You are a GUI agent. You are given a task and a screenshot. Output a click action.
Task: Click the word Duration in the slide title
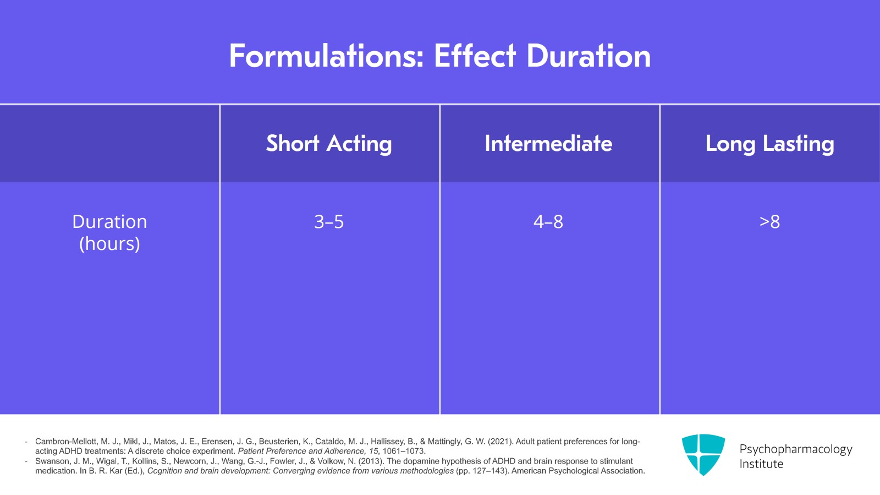click(x=588, y=56)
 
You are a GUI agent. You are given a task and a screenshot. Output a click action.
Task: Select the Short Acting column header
click(x=329, y=144)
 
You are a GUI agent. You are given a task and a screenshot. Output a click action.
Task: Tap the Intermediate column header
click(x=548, y=144)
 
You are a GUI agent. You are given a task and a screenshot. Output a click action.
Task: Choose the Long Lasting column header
click(x=769, y=144)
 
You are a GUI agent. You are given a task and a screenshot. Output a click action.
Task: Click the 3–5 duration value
click(x=329, y=222)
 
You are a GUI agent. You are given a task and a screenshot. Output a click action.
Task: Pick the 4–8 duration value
click(x=548, y=222)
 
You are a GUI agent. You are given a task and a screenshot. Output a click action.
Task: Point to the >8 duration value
click(x=769, y=222)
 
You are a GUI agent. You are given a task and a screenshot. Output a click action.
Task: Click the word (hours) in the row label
click(x=109, y=243)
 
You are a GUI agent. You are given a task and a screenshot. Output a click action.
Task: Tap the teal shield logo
click(x=703, y=454)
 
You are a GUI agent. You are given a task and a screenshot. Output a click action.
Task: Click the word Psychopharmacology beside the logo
click(x=795, y=449)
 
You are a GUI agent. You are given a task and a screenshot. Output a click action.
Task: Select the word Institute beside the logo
click(x=761, y=464)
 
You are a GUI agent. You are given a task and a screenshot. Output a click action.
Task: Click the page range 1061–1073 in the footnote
click(x=404, y=451)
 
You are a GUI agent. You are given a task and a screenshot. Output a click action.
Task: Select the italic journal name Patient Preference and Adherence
click(x=301, y=451)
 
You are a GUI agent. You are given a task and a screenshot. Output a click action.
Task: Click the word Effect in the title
click(x=475, y=56)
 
